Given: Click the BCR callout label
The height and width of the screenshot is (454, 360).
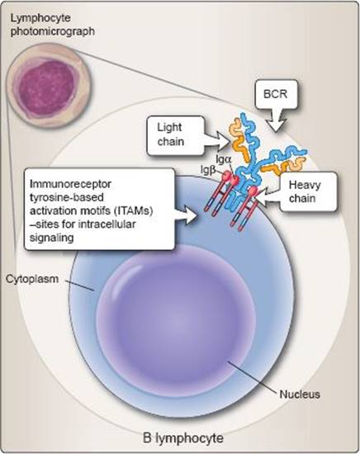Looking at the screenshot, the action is [275, 94].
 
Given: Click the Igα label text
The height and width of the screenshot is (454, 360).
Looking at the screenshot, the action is [224, 159].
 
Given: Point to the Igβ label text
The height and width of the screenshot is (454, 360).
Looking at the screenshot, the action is [208, 171].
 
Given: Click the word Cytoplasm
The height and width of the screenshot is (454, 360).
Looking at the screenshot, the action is [32, 279].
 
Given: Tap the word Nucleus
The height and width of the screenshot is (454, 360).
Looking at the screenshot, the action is [300, 394].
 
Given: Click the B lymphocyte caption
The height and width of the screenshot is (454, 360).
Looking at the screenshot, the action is [183, 437].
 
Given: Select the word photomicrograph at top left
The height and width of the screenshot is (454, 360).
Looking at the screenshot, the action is [53, 31].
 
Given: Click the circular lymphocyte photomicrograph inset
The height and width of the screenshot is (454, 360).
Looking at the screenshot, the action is [49, 85].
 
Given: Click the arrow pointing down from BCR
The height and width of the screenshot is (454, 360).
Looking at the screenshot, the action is [276, 121].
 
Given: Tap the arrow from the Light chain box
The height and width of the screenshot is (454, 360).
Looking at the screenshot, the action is [218, 140].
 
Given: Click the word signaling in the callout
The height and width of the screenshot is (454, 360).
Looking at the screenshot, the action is [51, 238].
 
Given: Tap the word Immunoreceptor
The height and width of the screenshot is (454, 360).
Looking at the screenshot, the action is [70, 184].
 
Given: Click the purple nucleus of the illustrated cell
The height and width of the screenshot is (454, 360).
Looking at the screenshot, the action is [176, 320].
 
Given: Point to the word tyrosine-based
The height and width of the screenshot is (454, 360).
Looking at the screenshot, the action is [67, 197].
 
